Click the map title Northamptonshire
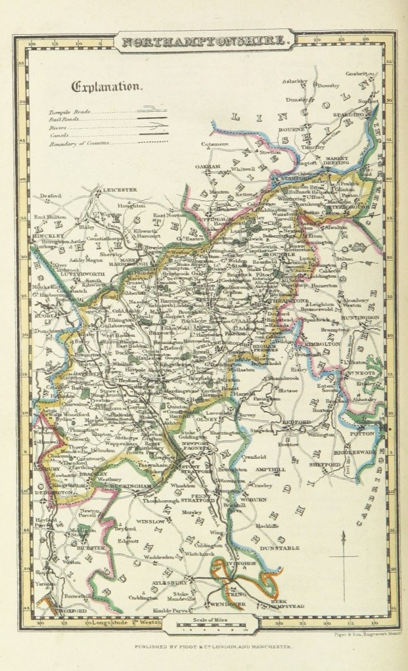(204, 41)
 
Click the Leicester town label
(116, 190)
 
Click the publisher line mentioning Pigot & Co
(204, 646)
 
